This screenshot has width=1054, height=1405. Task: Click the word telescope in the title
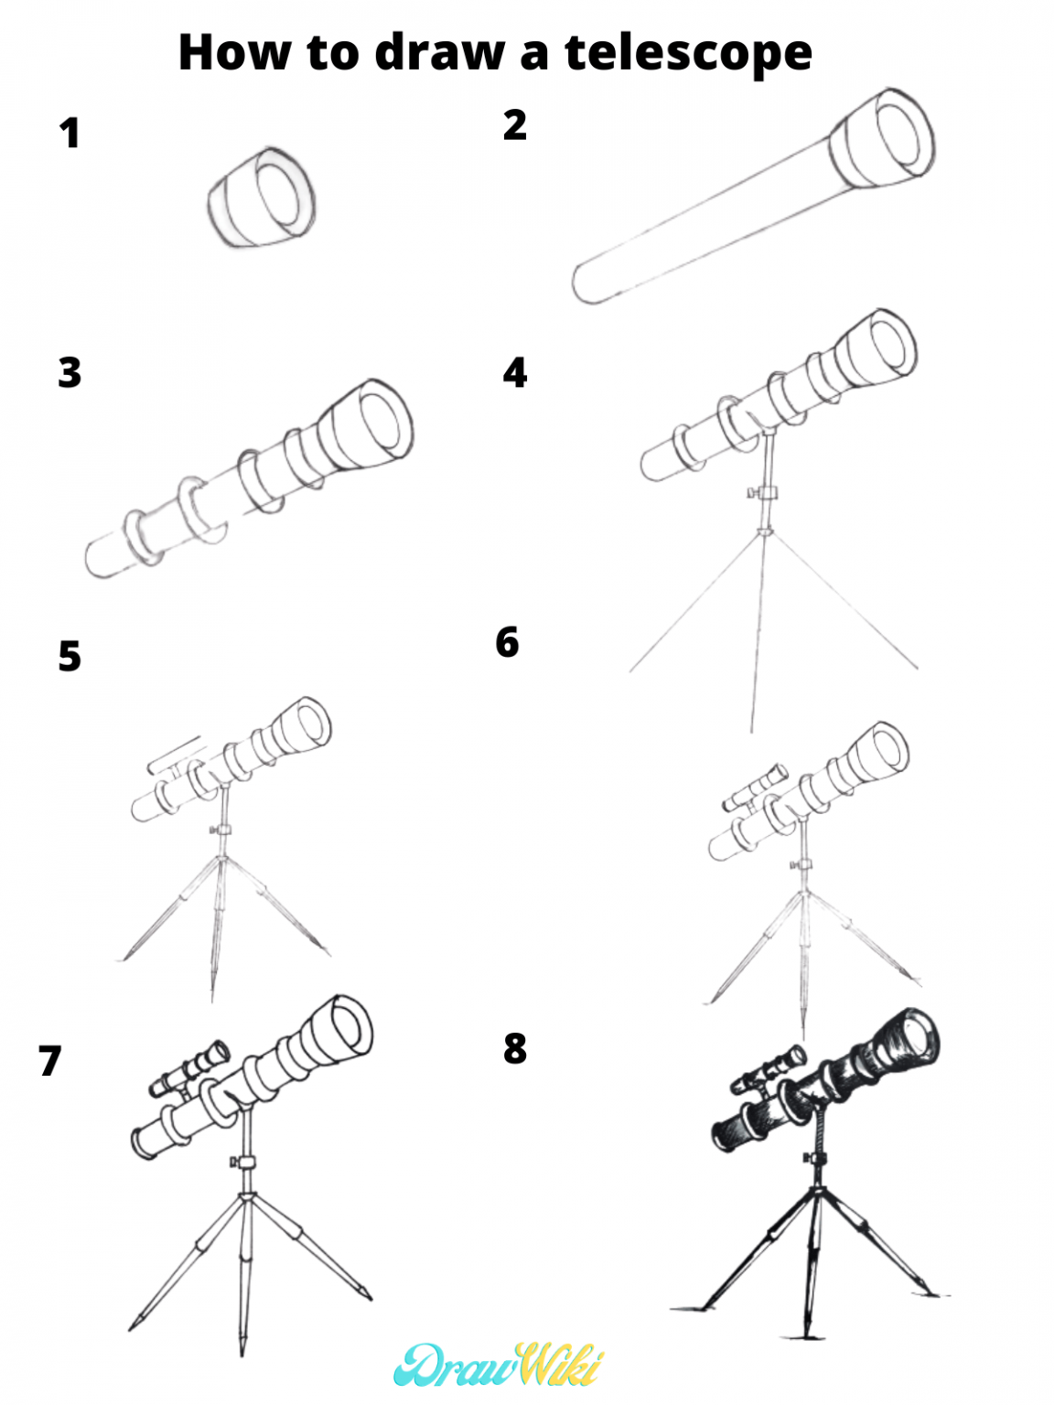688,52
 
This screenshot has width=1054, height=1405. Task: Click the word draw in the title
439,52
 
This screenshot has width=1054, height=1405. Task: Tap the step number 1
70,134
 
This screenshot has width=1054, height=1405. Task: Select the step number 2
515,125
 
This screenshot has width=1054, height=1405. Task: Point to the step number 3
70,373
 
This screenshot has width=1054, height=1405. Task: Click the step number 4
515,373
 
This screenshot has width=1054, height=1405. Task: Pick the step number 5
70,657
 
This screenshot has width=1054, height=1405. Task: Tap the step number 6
507,643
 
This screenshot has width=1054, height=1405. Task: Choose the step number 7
50,1061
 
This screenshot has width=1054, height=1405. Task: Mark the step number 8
515,1049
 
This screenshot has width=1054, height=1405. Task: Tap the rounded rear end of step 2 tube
586,283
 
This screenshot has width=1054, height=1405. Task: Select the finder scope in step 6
755,788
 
